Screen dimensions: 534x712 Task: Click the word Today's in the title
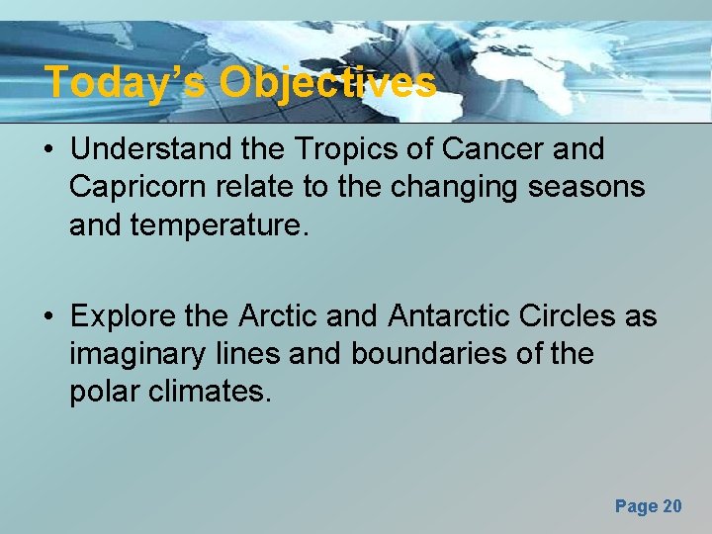pos(126,82)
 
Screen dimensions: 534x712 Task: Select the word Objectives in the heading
pos(327,82)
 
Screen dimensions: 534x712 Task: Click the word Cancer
pos(484,149)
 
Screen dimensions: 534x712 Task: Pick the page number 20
pos(671,506)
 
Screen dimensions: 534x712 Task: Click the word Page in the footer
pos(635,506)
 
